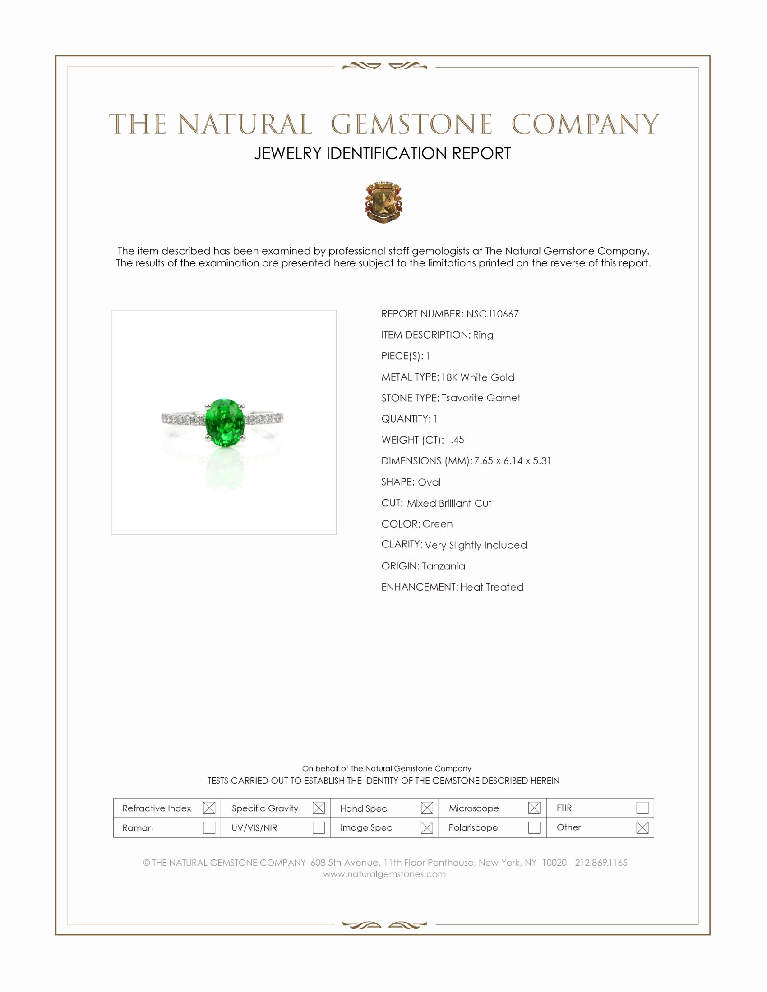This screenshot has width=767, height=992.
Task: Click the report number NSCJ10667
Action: coord(492,314)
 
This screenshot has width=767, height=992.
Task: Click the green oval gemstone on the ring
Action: coord(223,423)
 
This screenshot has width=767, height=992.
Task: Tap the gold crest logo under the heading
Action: coord(383,202)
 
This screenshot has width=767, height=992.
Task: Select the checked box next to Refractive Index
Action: coord(209,808)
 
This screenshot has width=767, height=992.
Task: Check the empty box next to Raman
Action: coord(209,827)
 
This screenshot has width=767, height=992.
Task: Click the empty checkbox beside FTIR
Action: coord(642,808)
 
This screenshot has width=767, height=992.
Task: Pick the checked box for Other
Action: coord(642,827)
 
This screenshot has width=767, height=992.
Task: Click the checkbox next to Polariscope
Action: coord(534,827)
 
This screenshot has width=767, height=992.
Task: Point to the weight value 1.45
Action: coord(455,440)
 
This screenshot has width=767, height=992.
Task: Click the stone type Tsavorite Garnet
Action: coord(481,398)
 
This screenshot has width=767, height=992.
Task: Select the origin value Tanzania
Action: coord(443,566)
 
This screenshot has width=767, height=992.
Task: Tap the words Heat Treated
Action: coord(492,587)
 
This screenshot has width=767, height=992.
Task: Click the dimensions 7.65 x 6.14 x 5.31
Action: coord(512,460)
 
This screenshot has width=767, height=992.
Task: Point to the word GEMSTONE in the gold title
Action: coord(411,124)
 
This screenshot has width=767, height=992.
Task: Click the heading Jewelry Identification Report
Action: coord(383,153)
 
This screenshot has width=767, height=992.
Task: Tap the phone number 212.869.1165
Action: coord(601,863)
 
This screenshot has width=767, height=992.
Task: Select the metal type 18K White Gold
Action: coord(477,377)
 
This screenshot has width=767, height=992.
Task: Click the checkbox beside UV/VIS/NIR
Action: coord(319,827)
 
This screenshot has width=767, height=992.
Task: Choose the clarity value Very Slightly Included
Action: coord(476,545)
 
